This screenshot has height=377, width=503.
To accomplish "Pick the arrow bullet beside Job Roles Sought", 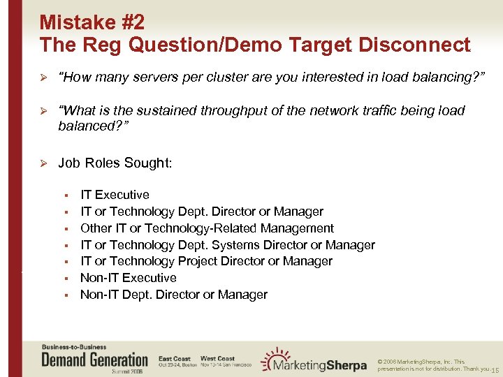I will (43, 163).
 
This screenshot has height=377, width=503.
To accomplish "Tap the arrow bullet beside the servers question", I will (43, 77).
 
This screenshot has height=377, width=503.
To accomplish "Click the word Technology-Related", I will (195, 228).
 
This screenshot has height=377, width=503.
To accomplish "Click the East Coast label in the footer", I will (174, 358).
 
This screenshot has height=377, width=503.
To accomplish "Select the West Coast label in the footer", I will (217, 358).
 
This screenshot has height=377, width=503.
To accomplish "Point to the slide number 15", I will (495, 369).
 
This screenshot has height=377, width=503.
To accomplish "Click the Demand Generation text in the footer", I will (95, 360).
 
